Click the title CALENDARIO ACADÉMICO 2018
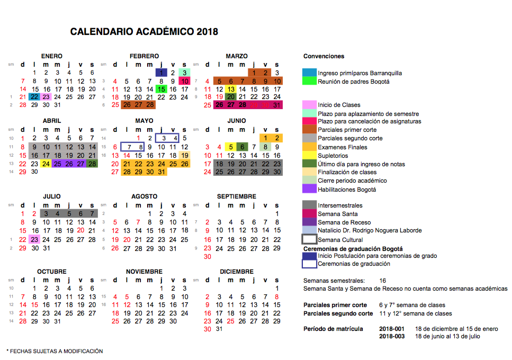click(x=144, y=32)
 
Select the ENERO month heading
click(x=51, y=56)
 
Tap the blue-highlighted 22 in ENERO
click(x=34, y=97)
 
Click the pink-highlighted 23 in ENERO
click(x=46, y=97)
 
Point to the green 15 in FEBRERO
click(x=161, y=89)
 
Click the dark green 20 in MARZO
click(x=230, y=97)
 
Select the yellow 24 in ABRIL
click(x=46, y=164)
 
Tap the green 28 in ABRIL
click(x=92, y=164)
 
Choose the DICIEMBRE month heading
click(x=237, y=272)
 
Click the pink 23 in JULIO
click(x=34, y=239)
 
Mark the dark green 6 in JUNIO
click(x=242, y=147)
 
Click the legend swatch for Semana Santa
click(x=309, y=213)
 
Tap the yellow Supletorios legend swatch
click(x=309, y=156)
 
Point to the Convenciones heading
click(x=324, y=56)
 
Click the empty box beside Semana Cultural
click(x=309, y=239)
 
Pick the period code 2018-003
click(x=392, y=336)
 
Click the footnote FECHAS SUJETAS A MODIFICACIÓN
click(x=55, y=351)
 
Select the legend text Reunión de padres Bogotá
click(x=353, y=82)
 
